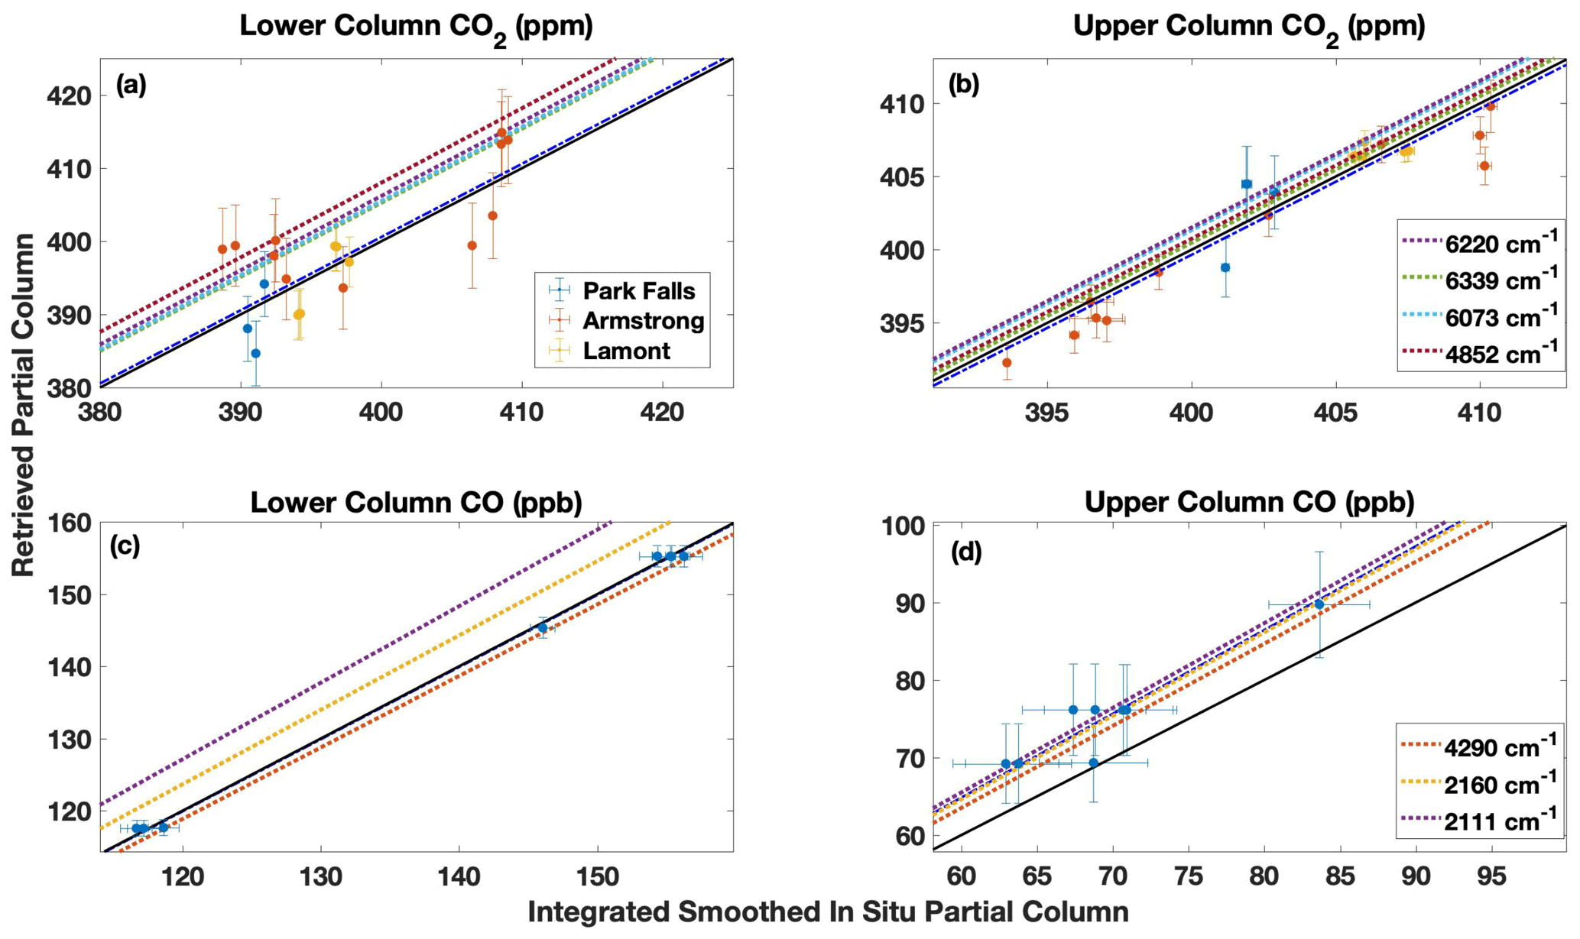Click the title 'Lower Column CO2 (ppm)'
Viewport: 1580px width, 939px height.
[x=416, y=28]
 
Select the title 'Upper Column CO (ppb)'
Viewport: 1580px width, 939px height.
[x=1249, y=502]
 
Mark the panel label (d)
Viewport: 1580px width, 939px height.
[x=965, y=552]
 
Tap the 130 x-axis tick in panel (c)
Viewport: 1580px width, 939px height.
[x=320, y=876]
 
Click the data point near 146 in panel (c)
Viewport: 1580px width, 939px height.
[x=543, y=628]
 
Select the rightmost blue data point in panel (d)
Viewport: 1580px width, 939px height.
[x=1319, y=604]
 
